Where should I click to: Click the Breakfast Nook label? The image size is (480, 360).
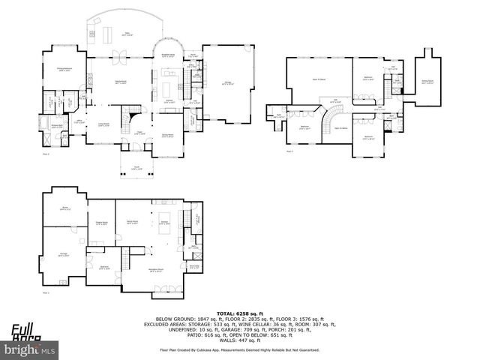(169, 55)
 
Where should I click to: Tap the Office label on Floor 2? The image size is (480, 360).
(79, 121)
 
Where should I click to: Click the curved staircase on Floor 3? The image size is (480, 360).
(329, 118)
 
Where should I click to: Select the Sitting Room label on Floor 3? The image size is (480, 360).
(427, 82)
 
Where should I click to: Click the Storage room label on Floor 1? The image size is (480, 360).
(64, 254)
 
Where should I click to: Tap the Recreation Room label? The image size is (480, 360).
(156, 271)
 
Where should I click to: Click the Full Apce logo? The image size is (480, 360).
(25, 329)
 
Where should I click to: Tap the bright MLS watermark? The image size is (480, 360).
(30, 349)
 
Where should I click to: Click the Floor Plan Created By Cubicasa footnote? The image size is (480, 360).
(240, 349)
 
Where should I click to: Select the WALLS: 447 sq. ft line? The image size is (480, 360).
(240, 340)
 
